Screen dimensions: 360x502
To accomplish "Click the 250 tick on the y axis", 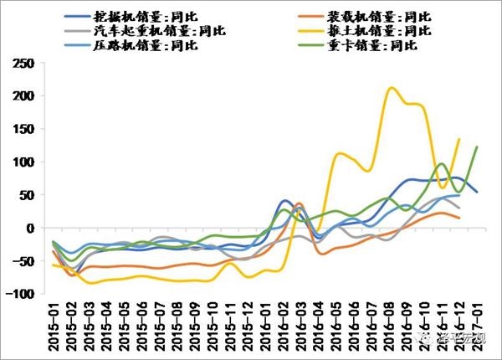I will click(26, 64).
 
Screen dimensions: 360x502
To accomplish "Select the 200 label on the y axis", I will click(26, 96).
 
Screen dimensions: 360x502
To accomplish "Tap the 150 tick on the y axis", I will click(26, 129).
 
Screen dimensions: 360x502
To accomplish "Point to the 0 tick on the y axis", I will click(33, 228).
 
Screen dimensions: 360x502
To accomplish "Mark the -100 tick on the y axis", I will click(23, 294).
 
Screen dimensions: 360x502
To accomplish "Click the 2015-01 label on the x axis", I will click(55, 328).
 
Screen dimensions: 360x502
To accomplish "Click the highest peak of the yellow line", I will click(391, 87).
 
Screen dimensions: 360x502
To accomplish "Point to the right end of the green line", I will click(477, 147).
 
